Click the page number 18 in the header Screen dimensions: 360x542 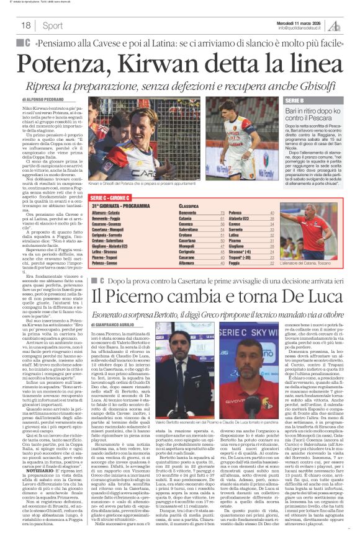point(26,25)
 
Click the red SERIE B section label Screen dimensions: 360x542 point(294,100)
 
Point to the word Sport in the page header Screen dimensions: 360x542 point(53,25)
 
